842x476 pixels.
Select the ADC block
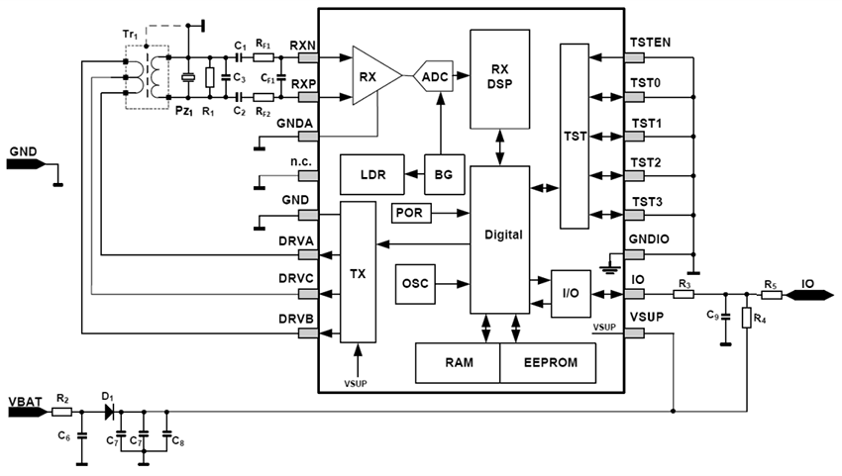(x=434, y=76)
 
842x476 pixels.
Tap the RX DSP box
(x=499, y=77)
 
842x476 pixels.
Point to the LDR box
(x=371, y=175)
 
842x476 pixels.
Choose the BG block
(x=443, y=175)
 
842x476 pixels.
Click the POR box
(x=411, y=213)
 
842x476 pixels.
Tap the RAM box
(x=457, y=363)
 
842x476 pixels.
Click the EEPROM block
(x=548, y=363)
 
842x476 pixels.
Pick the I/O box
(x=570, y=293)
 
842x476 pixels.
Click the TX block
(x=358, y=271)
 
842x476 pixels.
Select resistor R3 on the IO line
(x=684, y=294)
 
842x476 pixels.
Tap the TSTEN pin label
(x=650, y=42)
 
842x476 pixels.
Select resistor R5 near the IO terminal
(x=772, y=294)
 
